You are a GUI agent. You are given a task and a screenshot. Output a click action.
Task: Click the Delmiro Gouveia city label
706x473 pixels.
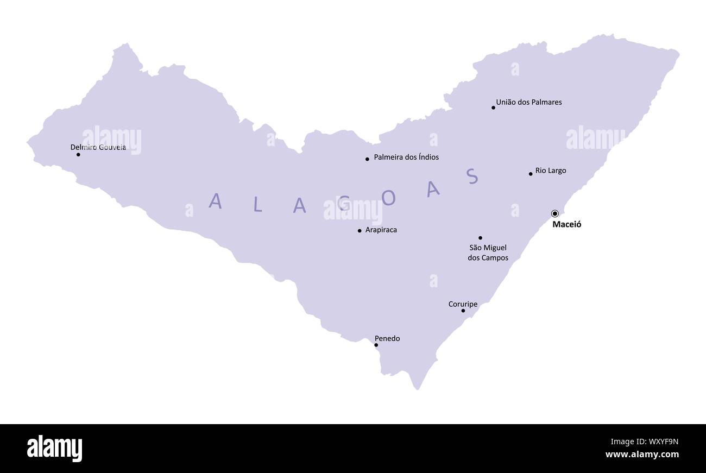(98, 147)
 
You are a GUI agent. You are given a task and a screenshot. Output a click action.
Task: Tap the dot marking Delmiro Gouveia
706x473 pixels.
(78, 155)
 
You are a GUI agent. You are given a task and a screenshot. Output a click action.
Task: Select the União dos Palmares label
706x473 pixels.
(529, 102)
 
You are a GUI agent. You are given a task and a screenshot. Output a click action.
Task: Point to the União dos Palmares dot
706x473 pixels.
(493, 108)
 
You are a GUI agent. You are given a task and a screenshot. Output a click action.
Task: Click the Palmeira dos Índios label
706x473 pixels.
(406, 157)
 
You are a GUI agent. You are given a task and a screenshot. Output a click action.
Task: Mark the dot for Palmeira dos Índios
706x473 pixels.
(367, 159)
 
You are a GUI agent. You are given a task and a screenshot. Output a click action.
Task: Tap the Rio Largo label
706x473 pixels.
(551, 171)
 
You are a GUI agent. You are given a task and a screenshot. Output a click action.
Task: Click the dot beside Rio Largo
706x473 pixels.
(531, 174)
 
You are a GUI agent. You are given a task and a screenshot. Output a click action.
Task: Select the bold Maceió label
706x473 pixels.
(566, 224)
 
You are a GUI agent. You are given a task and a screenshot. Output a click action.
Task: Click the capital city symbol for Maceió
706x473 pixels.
(554, 213)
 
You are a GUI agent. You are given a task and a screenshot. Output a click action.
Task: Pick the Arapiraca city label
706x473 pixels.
(381, 230)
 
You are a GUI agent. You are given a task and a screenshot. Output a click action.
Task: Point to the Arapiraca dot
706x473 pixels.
(360, 231)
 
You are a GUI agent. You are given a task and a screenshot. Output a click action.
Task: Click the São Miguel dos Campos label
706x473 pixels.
(488, 253)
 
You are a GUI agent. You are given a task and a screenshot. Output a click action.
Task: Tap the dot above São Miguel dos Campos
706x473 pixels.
(480, 238)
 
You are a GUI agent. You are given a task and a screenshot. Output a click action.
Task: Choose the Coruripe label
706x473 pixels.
(463, 304)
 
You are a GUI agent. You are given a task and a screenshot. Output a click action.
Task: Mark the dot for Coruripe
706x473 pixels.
(463, 311)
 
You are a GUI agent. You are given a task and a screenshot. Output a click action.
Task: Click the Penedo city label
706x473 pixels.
(387, 338)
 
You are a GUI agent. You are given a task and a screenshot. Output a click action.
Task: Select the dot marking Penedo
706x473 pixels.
(376, 345)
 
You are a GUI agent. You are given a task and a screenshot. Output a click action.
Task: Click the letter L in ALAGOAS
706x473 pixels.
(258, 204)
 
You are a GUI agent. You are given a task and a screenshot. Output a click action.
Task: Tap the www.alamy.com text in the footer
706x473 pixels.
(641, 455)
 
